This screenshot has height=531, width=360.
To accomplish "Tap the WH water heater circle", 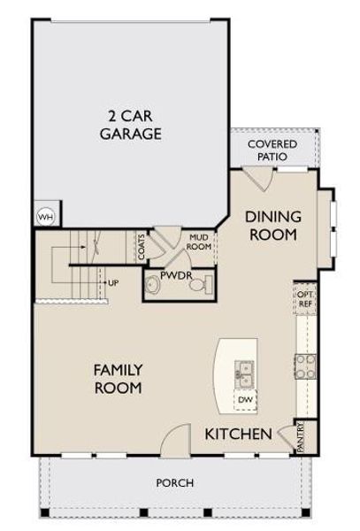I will [x=42, y=214].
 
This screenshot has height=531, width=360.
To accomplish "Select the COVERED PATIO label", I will [x=272, y=150].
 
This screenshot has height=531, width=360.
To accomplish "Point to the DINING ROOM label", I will [x=272, y=225].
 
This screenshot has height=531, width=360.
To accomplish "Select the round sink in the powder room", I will [x=154, y=283].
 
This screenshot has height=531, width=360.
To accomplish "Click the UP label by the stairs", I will [x=113, y=282].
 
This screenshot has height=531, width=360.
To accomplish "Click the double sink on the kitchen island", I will [x=244, y=374].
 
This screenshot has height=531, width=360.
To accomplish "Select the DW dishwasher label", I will [x=245, y=399].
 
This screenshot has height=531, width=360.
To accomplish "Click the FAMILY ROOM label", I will [x=118, y=377].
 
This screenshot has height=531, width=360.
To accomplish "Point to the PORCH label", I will [x=174, y=482].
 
